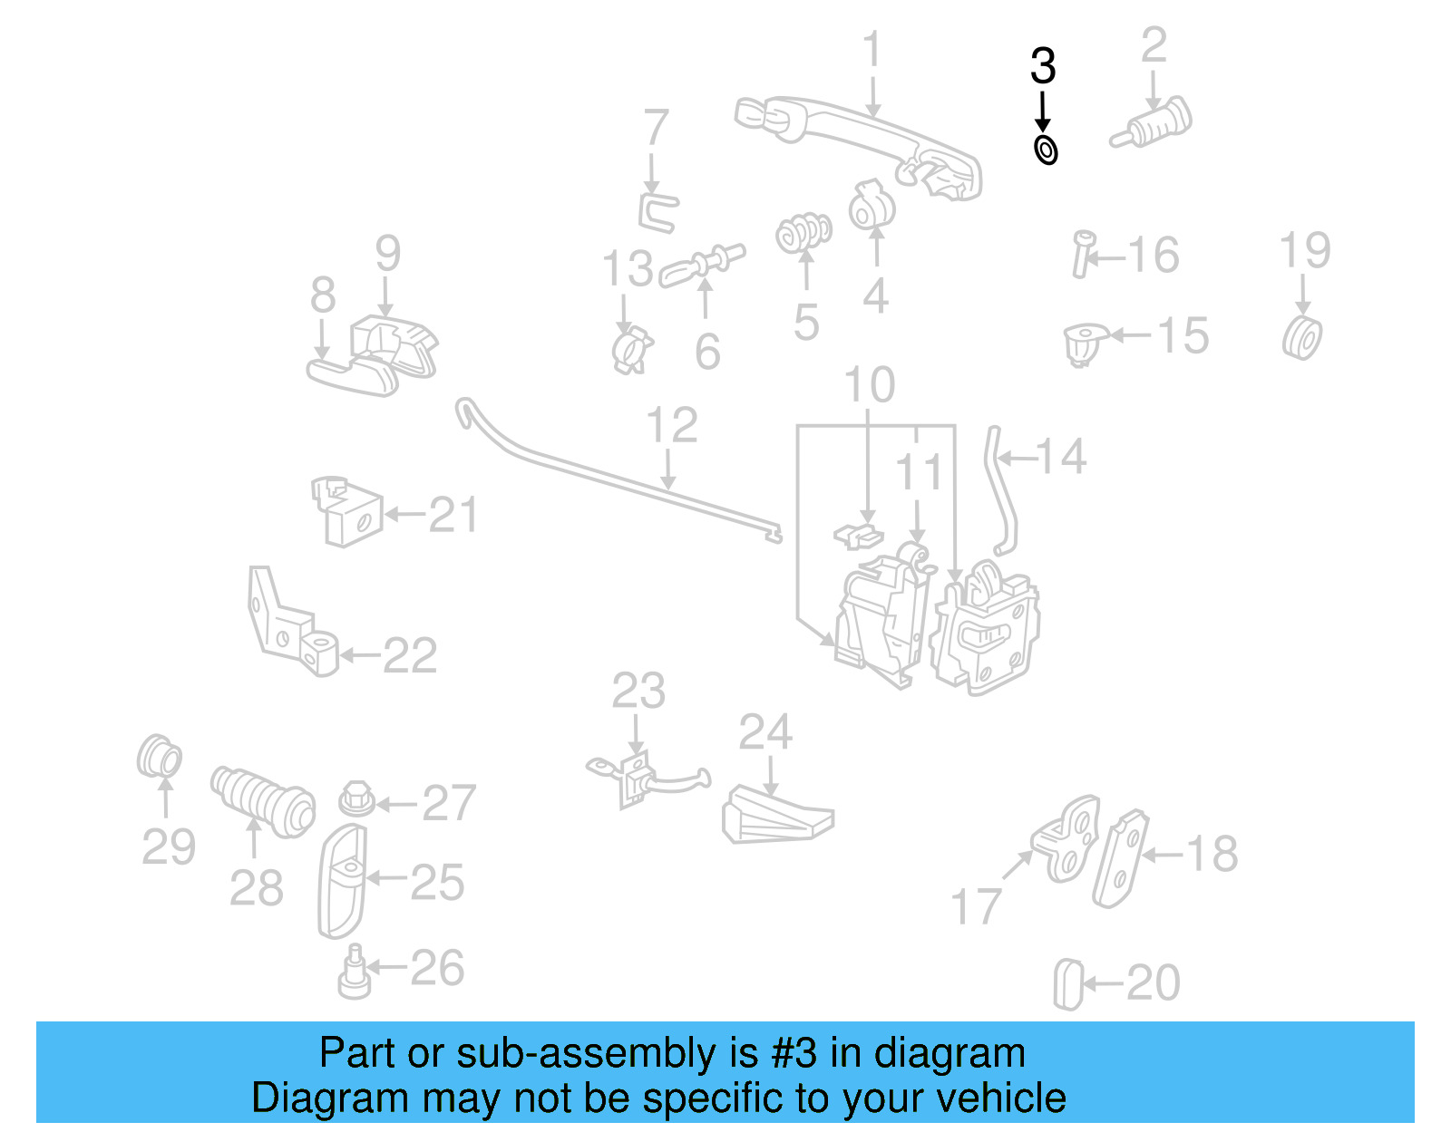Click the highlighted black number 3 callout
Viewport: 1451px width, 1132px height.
[1043, 67]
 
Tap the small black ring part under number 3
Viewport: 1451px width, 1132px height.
[1046, 150]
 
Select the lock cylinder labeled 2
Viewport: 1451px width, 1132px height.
[1153, 125]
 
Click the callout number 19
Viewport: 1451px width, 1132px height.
[1304, 251]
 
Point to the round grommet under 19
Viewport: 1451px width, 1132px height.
[1302, 338]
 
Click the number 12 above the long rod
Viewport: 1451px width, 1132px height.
[672, 425]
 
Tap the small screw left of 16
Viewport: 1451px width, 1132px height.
[1082, 254]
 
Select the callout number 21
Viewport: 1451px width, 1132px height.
[453, 516]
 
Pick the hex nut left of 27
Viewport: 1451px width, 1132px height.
[356, 798]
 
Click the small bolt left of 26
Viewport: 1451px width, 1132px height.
[354, 972]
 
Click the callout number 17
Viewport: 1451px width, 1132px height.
[976, 906]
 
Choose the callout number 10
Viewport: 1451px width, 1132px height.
[869, 385]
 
